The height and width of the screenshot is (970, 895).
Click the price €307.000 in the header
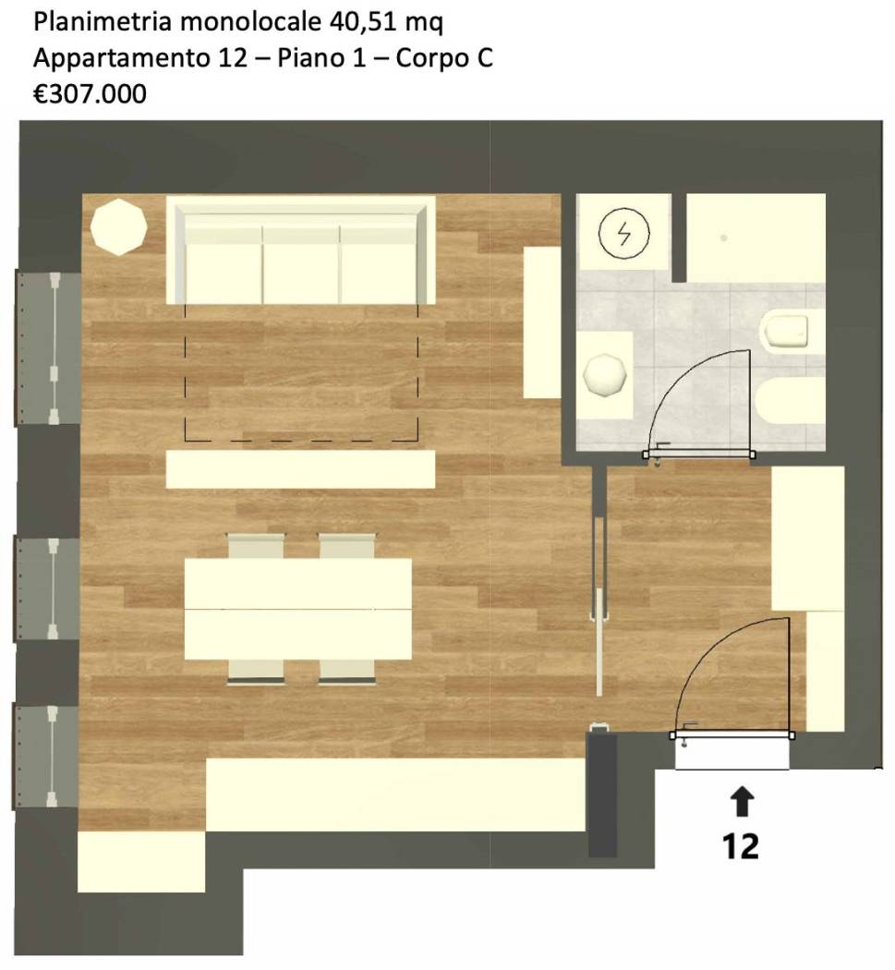click(x=90, y=92)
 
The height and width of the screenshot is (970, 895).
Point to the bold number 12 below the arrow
click(x=741, y=846)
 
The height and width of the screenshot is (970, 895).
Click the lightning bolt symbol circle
click(x=621, y=234)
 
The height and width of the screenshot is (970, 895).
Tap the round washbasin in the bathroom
click(x=607, y=375)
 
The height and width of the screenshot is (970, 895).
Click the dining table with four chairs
click(x=298, y=609)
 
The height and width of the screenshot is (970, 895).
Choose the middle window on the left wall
click(x=46, y=588)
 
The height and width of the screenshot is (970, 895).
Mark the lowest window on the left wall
click(x=46, y=756)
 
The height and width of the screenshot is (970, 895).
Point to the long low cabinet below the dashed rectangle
click(x=300, y=469)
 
